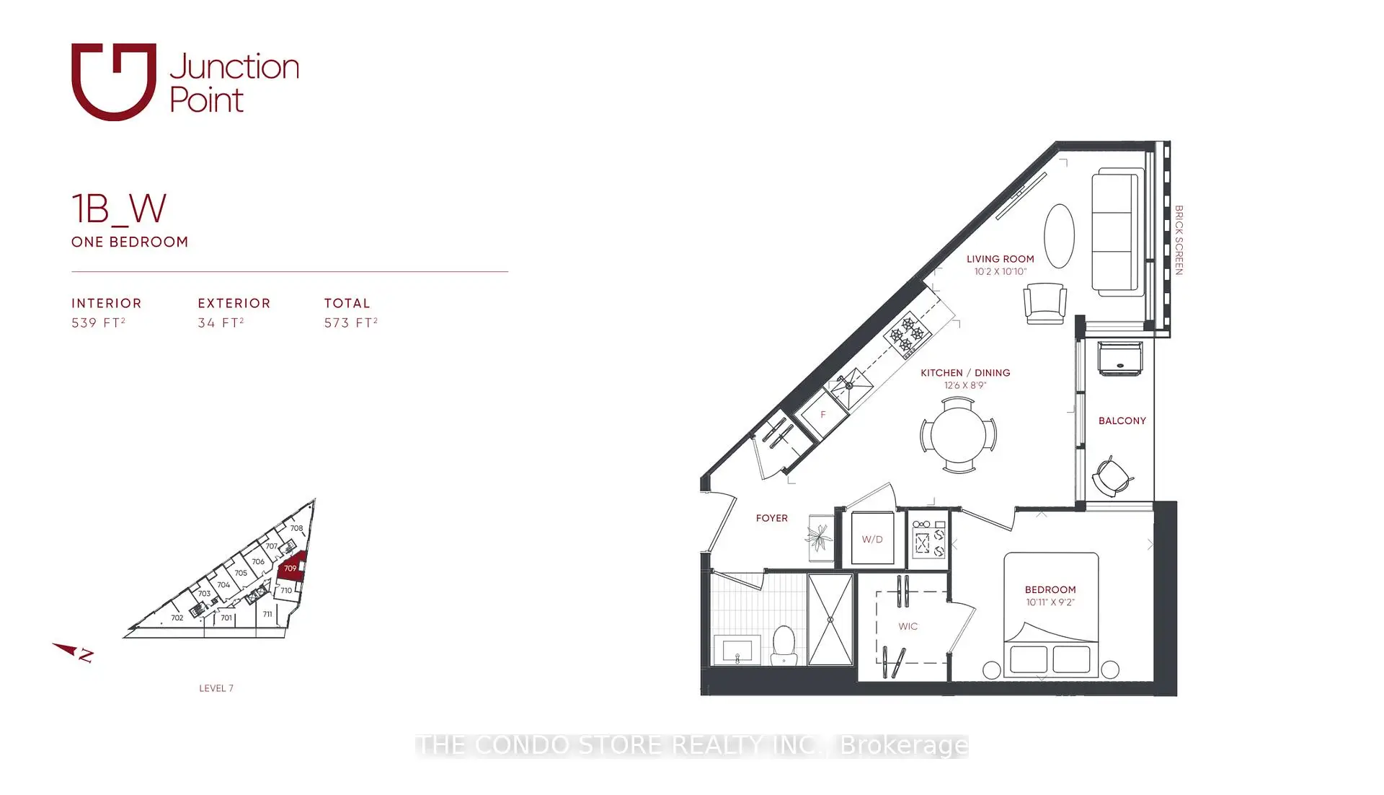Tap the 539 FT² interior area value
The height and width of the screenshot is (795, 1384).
point(99,322)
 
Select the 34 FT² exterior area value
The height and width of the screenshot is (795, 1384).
point(221,322)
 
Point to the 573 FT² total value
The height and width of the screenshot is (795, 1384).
point(351,322)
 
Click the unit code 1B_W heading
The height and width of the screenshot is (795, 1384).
point(119,208)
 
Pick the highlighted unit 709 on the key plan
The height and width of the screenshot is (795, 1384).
point(291,566)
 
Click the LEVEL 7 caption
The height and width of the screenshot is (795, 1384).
point(216,688)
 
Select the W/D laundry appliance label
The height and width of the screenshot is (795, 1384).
point(872,539)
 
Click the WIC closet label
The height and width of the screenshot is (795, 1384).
point(908,626)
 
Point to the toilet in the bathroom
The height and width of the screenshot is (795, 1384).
point(784,646)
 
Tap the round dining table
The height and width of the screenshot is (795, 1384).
point(958,436)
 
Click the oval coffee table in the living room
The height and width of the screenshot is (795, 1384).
point(1059,236)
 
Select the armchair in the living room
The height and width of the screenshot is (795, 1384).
point(1045,303)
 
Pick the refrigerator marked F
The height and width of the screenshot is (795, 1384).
point(822,415)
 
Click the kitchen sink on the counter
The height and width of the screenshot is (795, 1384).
point(850,386)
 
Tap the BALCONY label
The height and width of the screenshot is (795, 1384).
point(1122,421)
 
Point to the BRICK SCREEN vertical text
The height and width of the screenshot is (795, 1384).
point(1179,240)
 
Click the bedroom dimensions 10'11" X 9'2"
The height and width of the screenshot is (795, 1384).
point(1050,602)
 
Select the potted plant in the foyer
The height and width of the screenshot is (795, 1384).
point(819,537)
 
